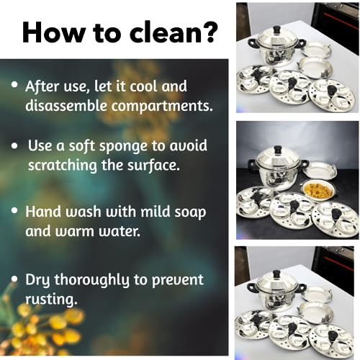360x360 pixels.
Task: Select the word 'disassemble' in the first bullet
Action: pyautogui.click(x=66, y=105)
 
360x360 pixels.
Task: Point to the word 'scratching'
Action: pyautogui.click(x=63, y=165)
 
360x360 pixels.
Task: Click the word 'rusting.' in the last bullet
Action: pyautogui.click(x=52, y=300)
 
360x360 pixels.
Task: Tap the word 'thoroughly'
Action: pyautogui.click(x=92, y=280)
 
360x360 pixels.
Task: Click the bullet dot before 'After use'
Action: pyautogui.click(x=15, y=85)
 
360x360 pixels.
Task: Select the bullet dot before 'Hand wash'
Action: pyautogui.click(x=15, y=210)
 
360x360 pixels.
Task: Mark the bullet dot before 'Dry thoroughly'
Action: pyautogui.click(x=15, y=279)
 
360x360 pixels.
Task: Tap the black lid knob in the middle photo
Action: pyautogui.click(x=278, y=150)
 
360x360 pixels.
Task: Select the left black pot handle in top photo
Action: pyautogui.click(x=251, y=45)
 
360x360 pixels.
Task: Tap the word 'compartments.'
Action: pyautogui.click(x=162, y=106)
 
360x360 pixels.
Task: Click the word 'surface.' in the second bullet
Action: pyautogui.click(x=153, y=165)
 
